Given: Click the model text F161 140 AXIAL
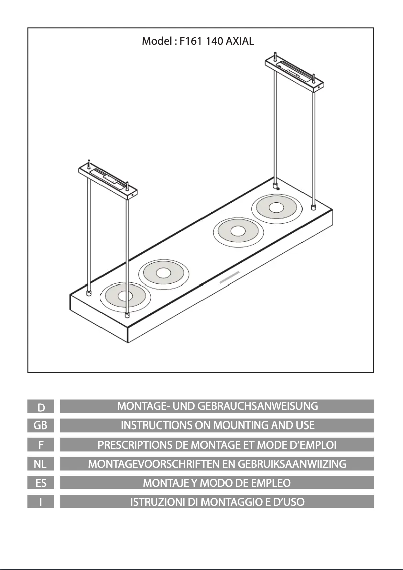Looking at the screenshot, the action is [x=217, y=41].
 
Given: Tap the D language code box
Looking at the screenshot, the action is [x=41, y=406].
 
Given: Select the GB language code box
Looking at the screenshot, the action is [x=41, y=425].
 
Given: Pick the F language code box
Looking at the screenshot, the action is [x=41, y=444].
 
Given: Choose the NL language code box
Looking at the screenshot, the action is [x=41, y=464].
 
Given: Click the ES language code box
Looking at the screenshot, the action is [x=41, y=482].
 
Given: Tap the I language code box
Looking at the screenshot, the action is [x=41, y=502].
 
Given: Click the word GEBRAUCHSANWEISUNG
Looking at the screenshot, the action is [x=257, y=406].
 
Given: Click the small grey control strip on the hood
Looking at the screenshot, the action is [x=229, y=277].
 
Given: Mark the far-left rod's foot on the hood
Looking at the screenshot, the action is [x=88, y=293].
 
